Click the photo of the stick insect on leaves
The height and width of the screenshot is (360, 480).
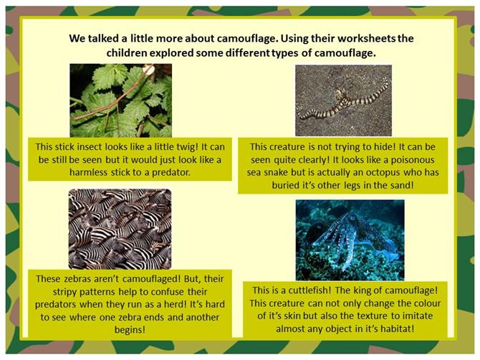point(120,100)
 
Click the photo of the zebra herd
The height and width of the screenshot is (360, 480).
point(120,229)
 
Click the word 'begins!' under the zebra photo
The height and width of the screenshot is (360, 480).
point(130,330)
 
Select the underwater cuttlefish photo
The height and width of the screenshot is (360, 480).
point(350,240)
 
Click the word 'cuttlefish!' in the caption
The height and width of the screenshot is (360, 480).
point(309,290)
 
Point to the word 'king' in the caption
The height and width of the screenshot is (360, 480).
point(361,290)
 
